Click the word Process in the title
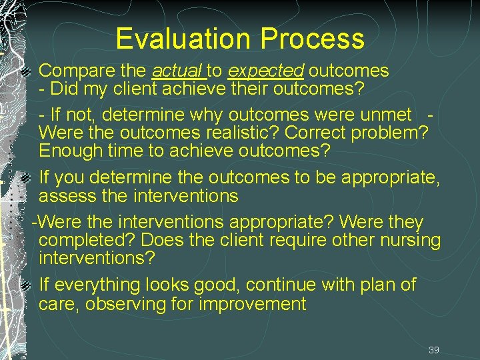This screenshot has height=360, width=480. pos(313,39)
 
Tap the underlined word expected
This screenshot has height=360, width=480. pos(265,70)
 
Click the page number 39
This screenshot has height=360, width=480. pos(434,350)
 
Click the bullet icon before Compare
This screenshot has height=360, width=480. pos(26,70)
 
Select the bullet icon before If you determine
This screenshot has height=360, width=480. pos(26,178)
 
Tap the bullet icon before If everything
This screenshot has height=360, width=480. pos(26,286)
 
